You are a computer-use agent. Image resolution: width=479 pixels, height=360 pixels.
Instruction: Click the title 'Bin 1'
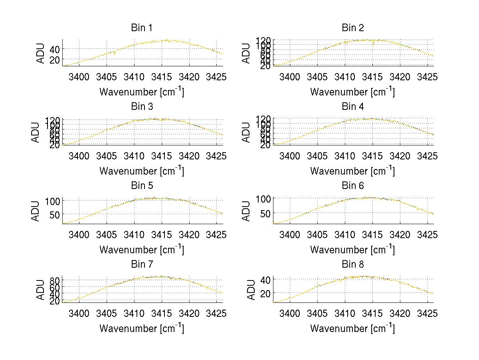coord(142,28)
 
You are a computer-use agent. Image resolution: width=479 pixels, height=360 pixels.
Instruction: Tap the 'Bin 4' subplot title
coord(353,107)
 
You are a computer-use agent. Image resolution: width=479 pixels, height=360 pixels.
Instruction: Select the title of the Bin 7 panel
coord(142,265)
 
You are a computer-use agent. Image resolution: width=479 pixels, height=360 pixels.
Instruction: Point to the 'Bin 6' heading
coord(353,186)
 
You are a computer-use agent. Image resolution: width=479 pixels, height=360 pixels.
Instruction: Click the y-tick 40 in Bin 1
coord(54,49)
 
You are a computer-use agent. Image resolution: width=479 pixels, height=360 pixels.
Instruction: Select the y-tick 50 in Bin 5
coord(54,214)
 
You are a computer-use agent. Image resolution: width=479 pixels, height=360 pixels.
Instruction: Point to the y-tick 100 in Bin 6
coord(263,199)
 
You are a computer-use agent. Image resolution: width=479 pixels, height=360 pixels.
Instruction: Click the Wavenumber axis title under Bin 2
coord(352,91)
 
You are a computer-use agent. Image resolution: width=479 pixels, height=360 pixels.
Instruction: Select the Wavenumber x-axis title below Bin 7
coord(142,328)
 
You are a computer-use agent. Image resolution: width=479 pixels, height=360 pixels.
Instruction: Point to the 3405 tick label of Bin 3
coord(107,155)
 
